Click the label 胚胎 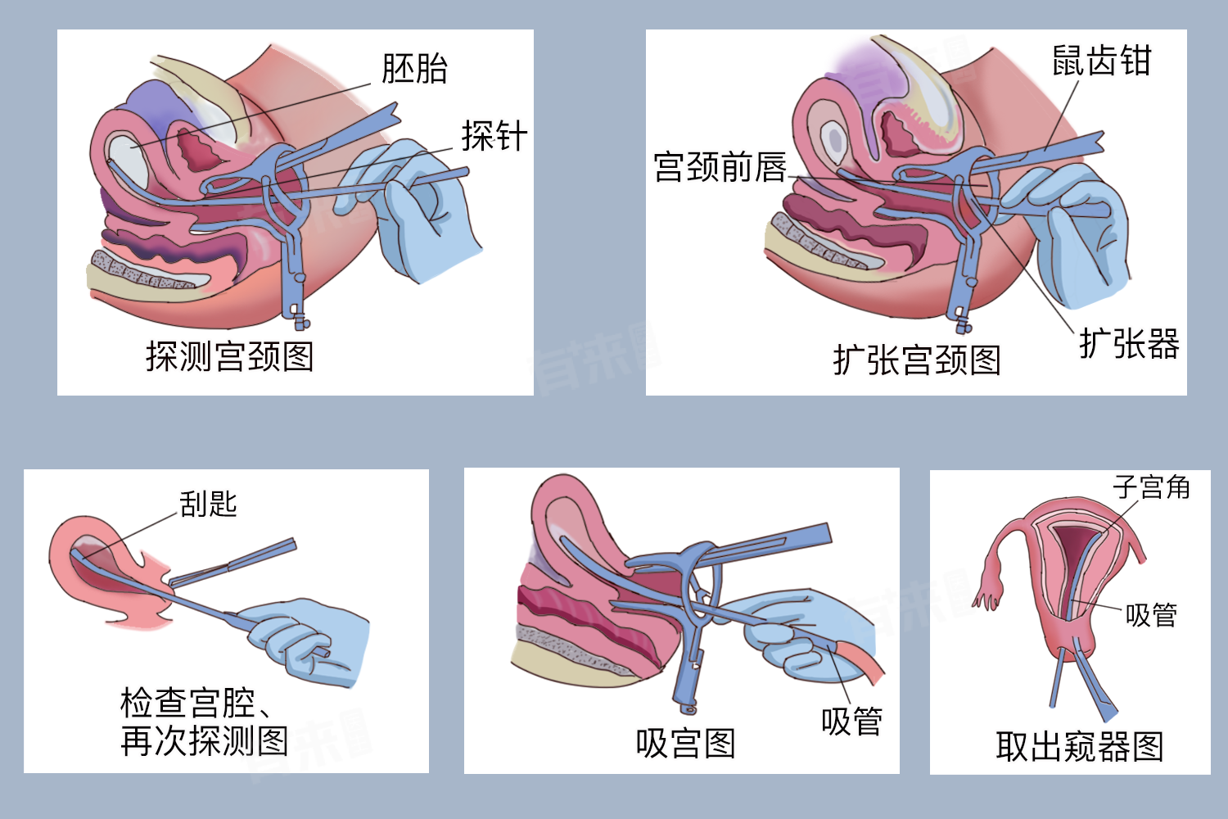[x=414, y=69]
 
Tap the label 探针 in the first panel [x=494, y=136]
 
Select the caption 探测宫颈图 [x=230, y=357]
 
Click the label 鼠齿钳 [x=1101, y=61]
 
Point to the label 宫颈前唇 [x=720, y=167]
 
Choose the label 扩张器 [x=1129, y=344]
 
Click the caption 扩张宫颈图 [x=917, y=360]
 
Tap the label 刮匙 [x=208, y=504]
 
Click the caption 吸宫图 [x=685, y=744]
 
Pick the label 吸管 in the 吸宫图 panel [x=851, y=722]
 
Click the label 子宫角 [x=1151, y=487]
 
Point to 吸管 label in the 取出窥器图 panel [x=1151, y=614]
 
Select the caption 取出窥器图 [x=1079, y=747]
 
